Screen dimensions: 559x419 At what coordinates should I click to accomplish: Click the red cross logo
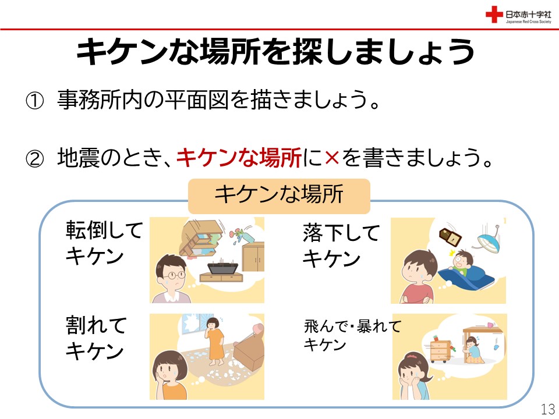pyautogui.click(x=494, y=15)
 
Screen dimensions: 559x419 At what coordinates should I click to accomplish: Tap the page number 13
pyautogui.click(x=548, y=409)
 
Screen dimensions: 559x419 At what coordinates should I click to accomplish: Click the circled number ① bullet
pyautogui.click(x=34, y=101)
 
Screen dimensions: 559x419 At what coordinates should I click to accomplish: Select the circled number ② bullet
pyautogui.click(x=34, y=158)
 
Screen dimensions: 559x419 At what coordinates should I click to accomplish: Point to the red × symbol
pyautogui.click(x=332, y=158)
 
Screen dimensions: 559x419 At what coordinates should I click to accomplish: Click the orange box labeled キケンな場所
pyautogui.click(x=279, y=196)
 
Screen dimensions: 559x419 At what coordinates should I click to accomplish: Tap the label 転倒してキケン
pyautogui.click(x=104, y=243)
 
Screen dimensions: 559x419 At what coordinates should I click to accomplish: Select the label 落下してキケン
pyautogui.click(x=341, y=246)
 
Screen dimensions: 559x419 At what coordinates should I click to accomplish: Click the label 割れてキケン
pyautogui.click(x=96, y=338)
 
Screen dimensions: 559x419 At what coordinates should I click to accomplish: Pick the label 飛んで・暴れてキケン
pyautogui.click(x=353, y=335)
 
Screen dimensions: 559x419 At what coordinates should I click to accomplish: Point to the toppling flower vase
pyautogui.click(x=238, y=236)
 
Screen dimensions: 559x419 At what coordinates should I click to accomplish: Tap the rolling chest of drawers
pyautogui.click(x=441, y=350)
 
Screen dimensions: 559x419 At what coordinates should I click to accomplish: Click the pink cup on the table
pyautogui.click(x=490, y=325)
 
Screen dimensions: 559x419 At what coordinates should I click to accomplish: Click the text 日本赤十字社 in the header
pyautogui.click(x=528, y=14)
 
